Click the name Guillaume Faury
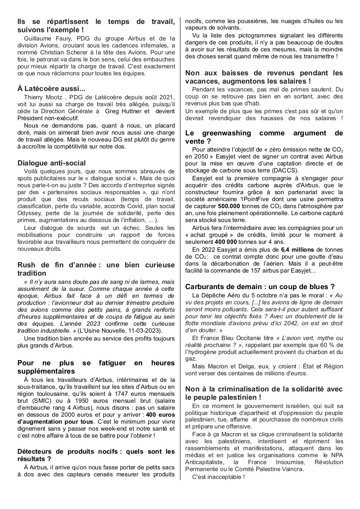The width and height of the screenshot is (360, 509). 45,38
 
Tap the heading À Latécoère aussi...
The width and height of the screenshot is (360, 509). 51,88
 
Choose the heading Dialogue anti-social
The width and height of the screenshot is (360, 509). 51,163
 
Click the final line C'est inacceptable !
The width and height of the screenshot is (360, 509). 219,477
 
